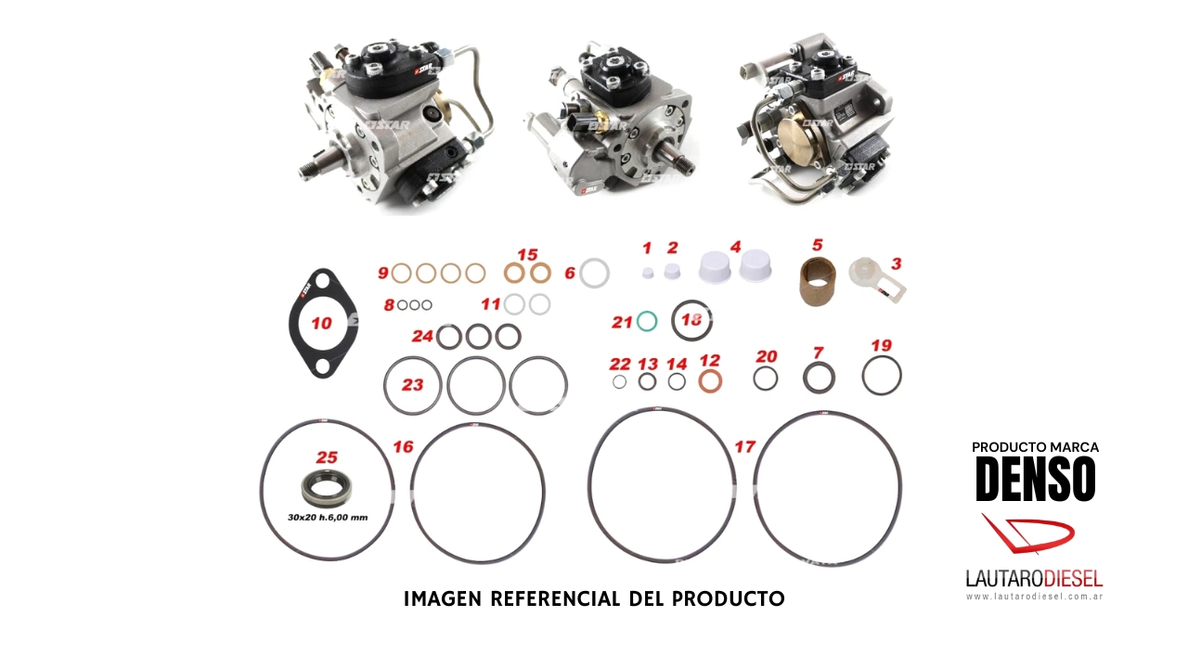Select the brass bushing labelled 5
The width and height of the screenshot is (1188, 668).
coord(818,280)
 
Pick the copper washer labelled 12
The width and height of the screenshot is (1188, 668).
coord(711,380)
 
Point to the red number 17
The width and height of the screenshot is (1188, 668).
coord(744,446)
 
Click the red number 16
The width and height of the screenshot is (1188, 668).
coord(402,446)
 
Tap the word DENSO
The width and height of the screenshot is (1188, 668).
coord(1035,479)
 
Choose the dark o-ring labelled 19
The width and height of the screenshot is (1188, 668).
coord(881,376)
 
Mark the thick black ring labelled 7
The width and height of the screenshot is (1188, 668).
coord(819,378)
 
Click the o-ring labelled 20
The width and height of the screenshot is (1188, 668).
coord(766,378)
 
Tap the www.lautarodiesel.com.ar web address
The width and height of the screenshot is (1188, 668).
coord(1034,597)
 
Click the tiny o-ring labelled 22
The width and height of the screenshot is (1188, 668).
coord(619,382)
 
